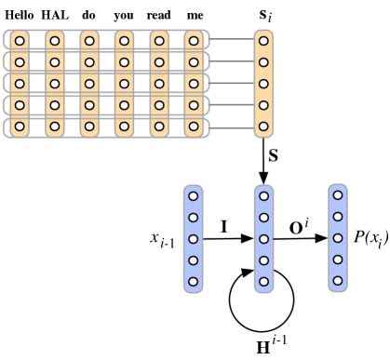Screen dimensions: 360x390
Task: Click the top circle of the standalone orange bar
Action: click(x=264, y=41)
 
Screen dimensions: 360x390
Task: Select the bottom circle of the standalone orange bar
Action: click(x=264, y=127)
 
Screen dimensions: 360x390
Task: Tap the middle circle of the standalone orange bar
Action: click(x=264, y=84)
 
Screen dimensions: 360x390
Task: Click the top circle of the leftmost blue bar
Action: click(x=194, y=196)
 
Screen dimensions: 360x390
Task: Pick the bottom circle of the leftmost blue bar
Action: click(x=194, y=281)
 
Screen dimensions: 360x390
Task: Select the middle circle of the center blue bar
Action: click(x=264, y=238)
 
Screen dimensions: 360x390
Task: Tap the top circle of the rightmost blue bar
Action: click(x=338, y=195)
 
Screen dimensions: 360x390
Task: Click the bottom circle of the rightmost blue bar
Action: click(x=338, y=280)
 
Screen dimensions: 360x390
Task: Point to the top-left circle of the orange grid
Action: click(x=20, y=41)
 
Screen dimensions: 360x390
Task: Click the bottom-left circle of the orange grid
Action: click(x=20, y=127)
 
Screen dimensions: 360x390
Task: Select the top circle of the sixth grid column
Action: click(x=194, y=41)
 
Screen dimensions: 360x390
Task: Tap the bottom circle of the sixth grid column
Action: click(x=194, y=127)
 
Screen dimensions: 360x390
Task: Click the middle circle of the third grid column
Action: click(x=89, y=84)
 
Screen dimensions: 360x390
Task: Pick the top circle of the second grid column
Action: click(x=55, y=41)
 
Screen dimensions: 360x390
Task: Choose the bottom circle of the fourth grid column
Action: click(x=125, y=127)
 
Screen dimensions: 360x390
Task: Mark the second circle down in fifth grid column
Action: click(x=159, y=62)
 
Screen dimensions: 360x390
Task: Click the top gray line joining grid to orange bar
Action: click(x=232, y=41)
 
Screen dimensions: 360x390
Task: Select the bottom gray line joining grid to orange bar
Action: click(x=232, y=127)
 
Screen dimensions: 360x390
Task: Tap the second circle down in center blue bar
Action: click(x=264, y=218)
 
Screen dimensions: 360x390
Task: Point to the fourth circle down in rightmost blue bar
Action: click(x=338, y=260)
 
